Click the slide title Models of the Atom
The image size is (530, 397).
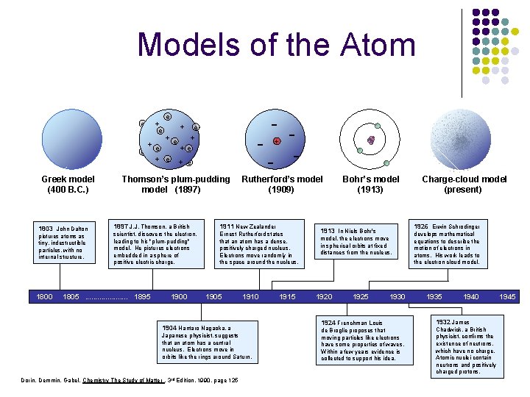[276, 44]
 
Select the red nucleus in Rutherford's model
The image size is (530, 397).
[276, 140]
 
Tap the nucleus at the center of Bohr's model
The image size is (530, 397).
[371, 140]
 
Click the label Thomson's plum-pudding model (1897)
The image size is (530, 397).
[175, 184]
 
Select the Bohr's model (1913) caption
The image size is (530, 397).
[371, 184]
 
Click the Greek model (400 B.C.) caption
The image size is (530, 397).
[68, 184]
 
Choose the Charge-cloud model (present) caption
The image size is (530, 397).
[464, 184]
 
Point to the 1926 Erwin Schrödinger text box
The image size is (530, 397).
[446, 242]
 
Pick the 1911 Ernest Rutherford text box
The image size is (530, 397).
[259, 242]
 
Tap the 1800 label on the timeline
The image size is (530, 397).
[44, 296]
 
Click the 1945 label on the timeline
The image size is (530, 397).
[507, 296]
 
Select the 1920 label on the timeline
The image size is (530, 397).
[323, 296]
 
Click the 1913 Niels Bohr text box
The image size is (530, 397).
[355, 242]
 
